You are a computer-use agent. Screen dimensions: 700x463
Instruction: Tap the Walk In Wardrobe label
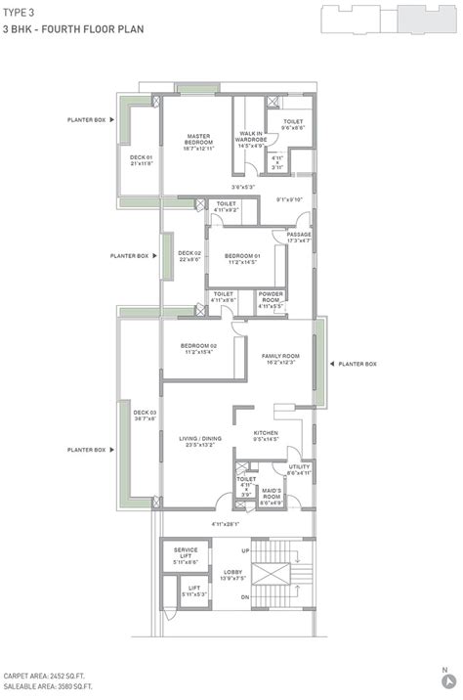[252, 139]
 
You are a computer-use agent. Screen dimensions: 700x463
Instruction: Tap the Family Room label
[280, 359]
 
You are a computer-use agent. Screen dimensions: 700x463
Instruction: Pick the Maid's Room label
[272, 494]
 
